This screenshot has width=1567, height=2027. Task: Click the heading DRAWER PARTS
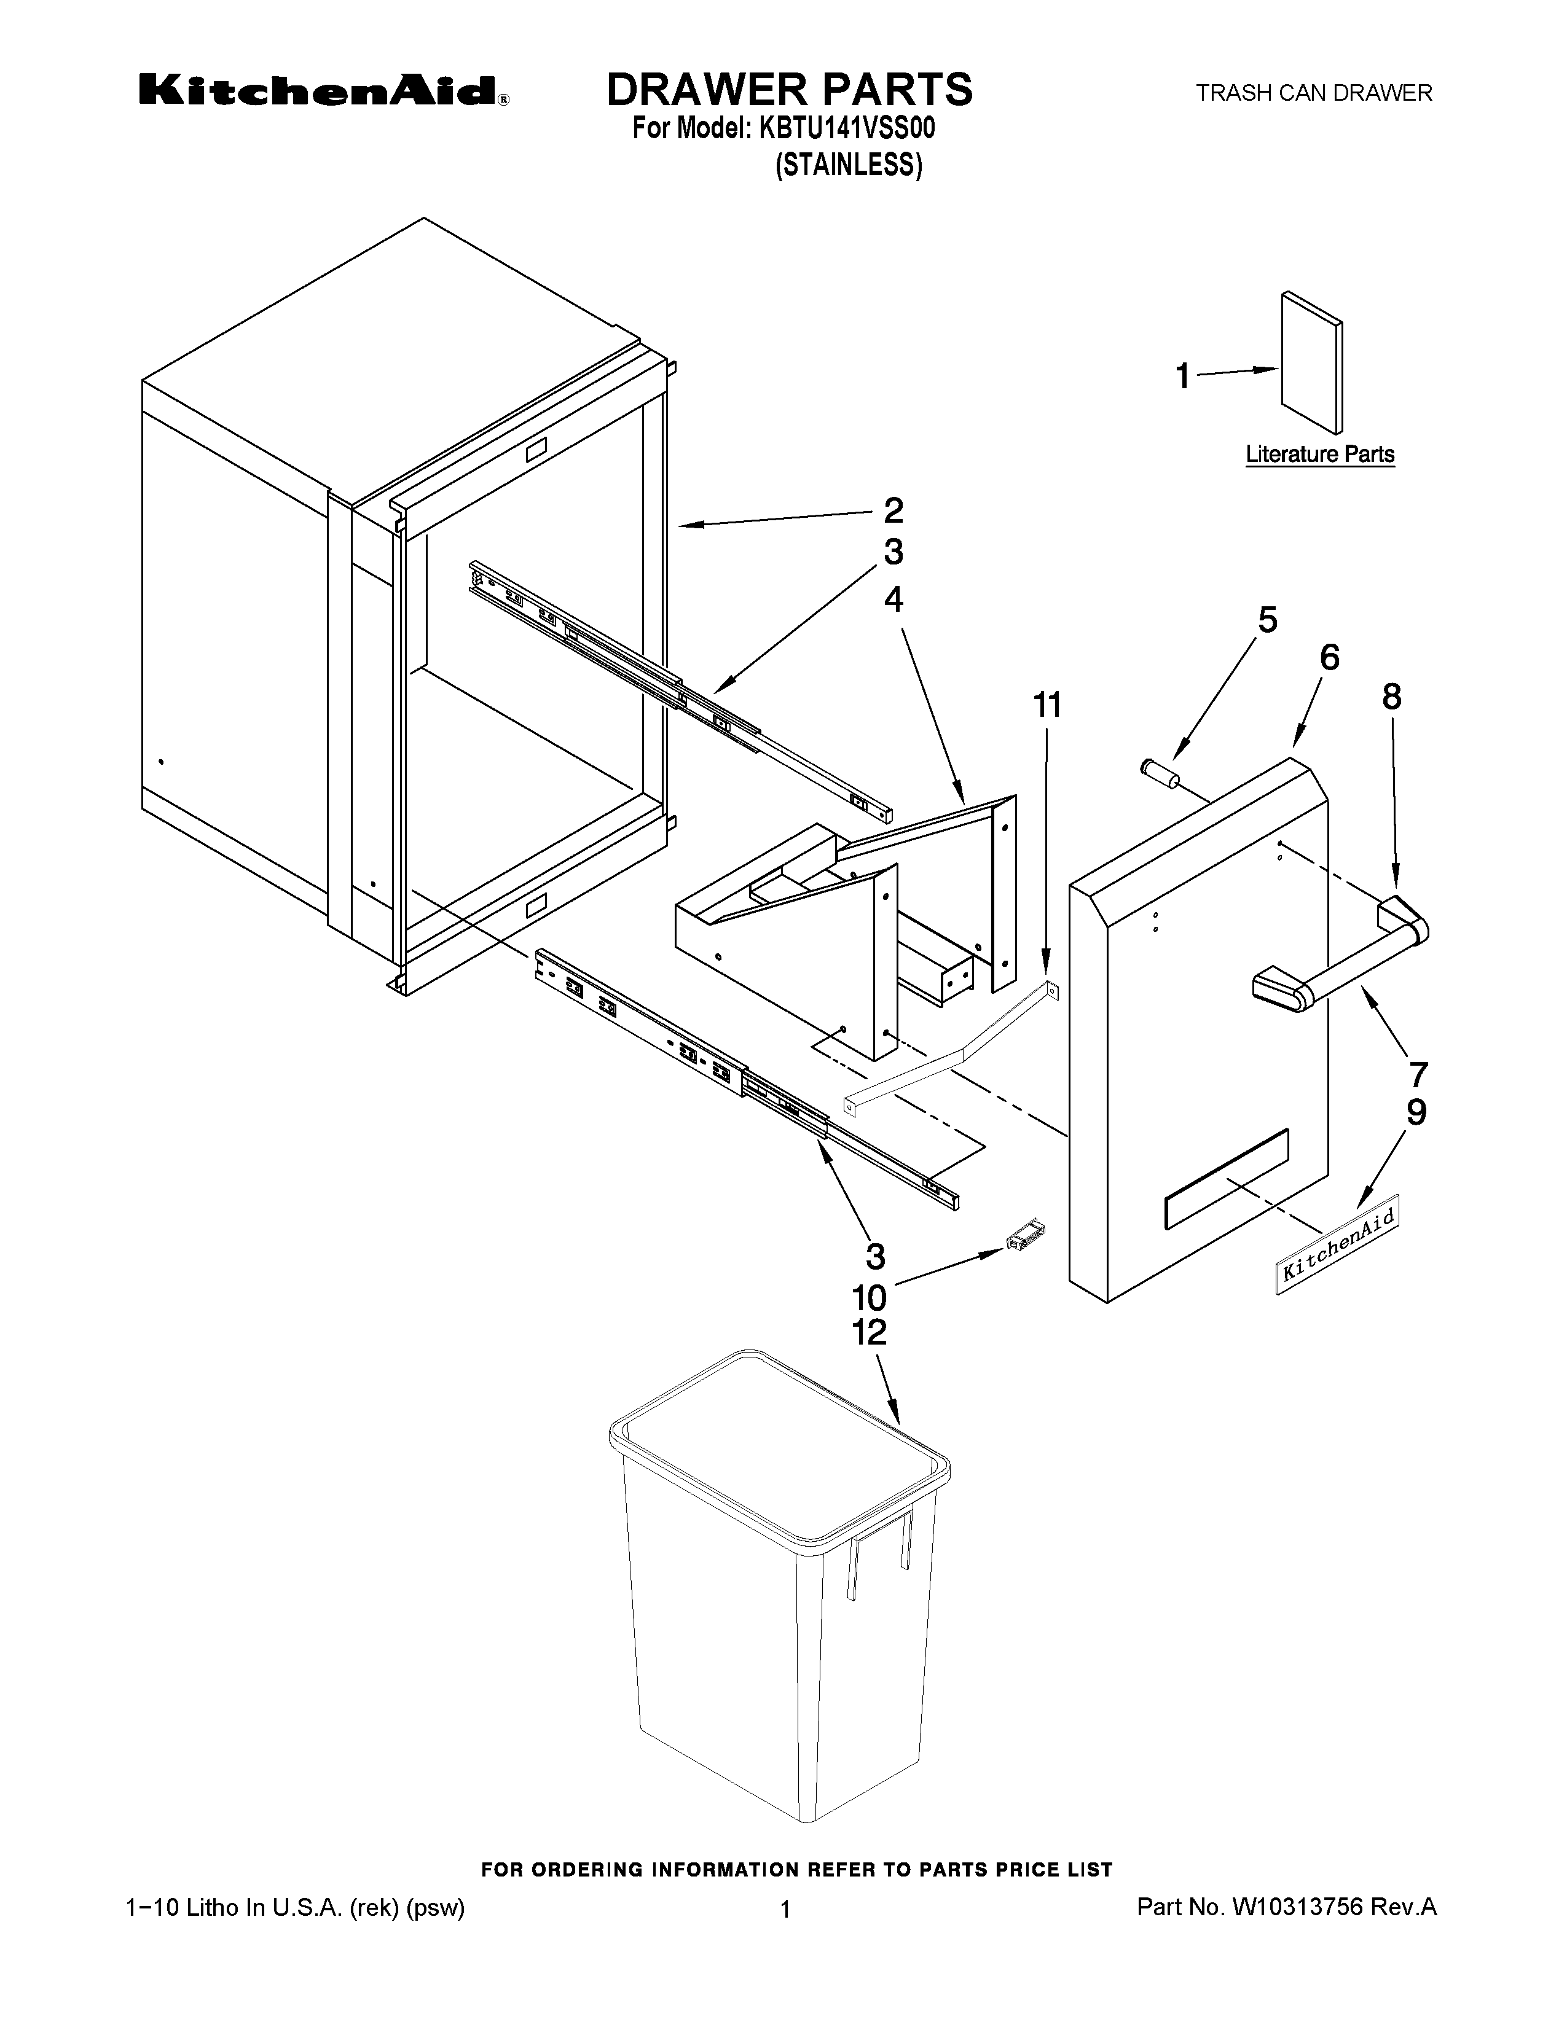789,89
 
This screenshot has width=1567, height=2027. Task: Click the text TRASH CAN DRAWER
1314,93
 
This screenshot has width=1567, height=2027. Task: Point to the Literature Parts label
1319,455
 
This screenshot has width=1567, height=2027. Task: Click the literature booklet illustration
1311,363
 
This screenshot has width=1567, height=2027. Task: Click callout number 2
892,510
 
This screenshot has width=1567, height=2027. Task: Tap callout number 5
1267,619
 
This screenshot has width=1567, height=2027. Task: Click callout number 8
1391,696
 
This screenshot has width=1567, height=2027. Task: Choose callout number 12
870,1333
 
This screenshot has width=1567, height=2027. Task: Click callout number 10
870,1297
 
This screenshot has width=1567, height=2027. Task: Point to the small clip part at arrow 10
1025,1237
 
